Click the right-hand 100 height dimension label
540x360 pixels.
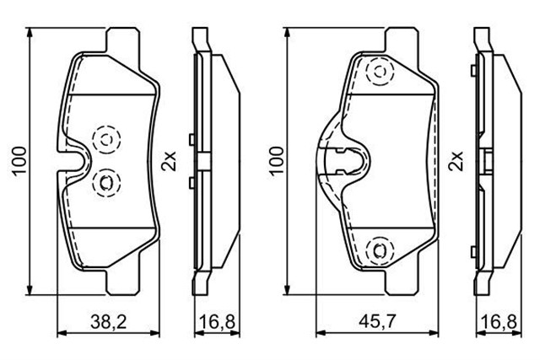274,159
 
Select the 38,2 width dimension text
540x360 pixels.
112,321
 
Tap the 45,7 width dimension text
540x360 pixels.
374,321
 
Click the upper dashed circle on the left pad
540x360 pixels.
108,137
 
